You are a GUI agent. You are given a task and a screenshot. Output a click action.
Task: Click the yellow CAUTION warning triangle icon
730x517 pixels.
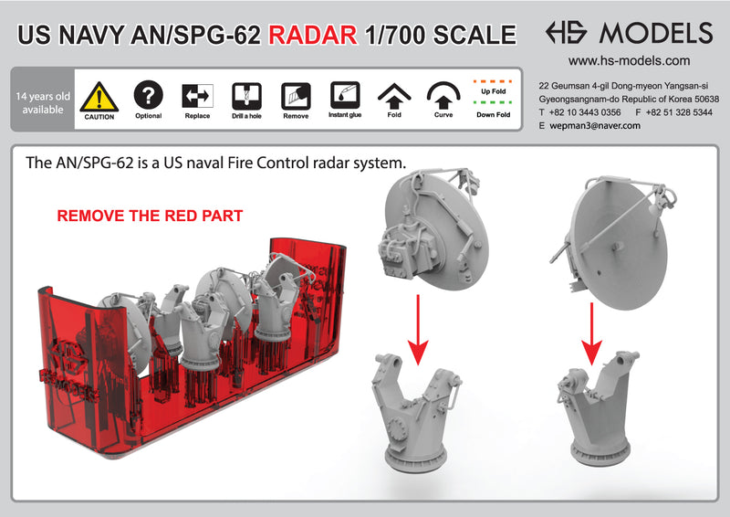coord(99,96)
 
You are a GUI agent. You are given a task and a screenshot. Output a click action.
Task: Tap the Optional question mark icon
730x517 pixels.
coord(148,95)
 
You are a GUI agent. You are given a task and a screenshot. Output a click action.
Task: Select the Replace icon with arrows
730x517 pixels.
coord(197,95)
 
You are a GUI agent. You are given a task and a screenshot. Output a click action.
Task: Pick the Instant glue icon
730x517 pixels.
coord(344,95)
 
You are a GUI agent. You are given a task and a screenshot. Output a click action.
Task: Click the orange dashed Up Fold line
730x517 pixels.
coord(492,79)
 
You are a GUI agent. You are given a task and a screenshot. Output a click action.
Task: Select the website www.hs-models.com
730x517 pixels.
coord(629,61)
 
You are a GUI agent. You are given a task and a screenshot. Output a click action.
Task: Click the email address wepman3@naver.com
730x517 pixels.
coord(596,126)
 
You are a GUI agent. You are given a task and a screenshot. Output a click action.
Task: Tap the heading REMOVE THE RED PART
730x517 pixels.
coord(150,216)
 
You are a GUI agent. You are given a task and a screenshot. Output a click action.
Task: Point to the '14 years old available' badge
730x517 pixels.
coord(39,102)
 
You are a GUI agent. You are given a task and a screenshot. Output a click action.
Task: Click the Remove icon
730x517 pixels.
coord(295,95)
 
